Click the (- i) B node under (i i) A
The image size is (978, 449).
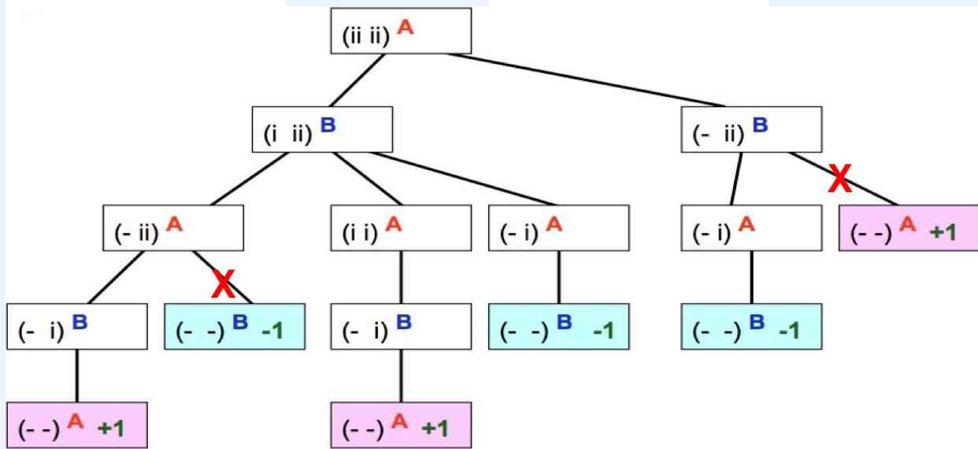(401, 326)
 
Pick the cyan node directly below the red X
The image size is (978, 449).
(235, 326)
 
